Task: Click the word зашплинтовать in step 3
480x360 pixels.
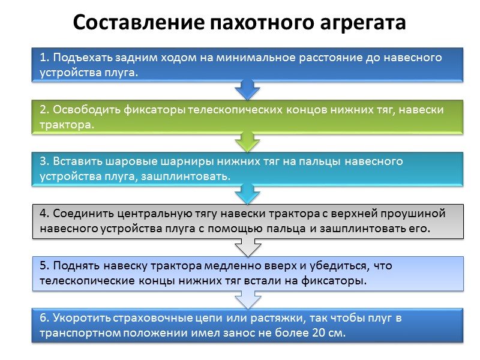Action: (190, 177)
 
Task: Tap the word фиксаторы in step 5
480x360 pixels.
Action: (337, 281)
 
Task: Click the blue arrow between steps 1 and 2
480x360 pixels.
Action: (247, 90)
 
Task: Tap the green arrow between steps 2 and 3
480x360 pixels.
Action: (247, 142)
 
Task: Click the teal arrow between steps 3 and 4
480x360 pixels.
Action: (247, 193)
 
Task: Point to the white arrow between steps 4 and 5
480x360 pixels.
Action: (247, 245)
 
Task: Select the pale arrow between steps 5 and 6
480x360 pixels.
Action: (247, 298)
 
